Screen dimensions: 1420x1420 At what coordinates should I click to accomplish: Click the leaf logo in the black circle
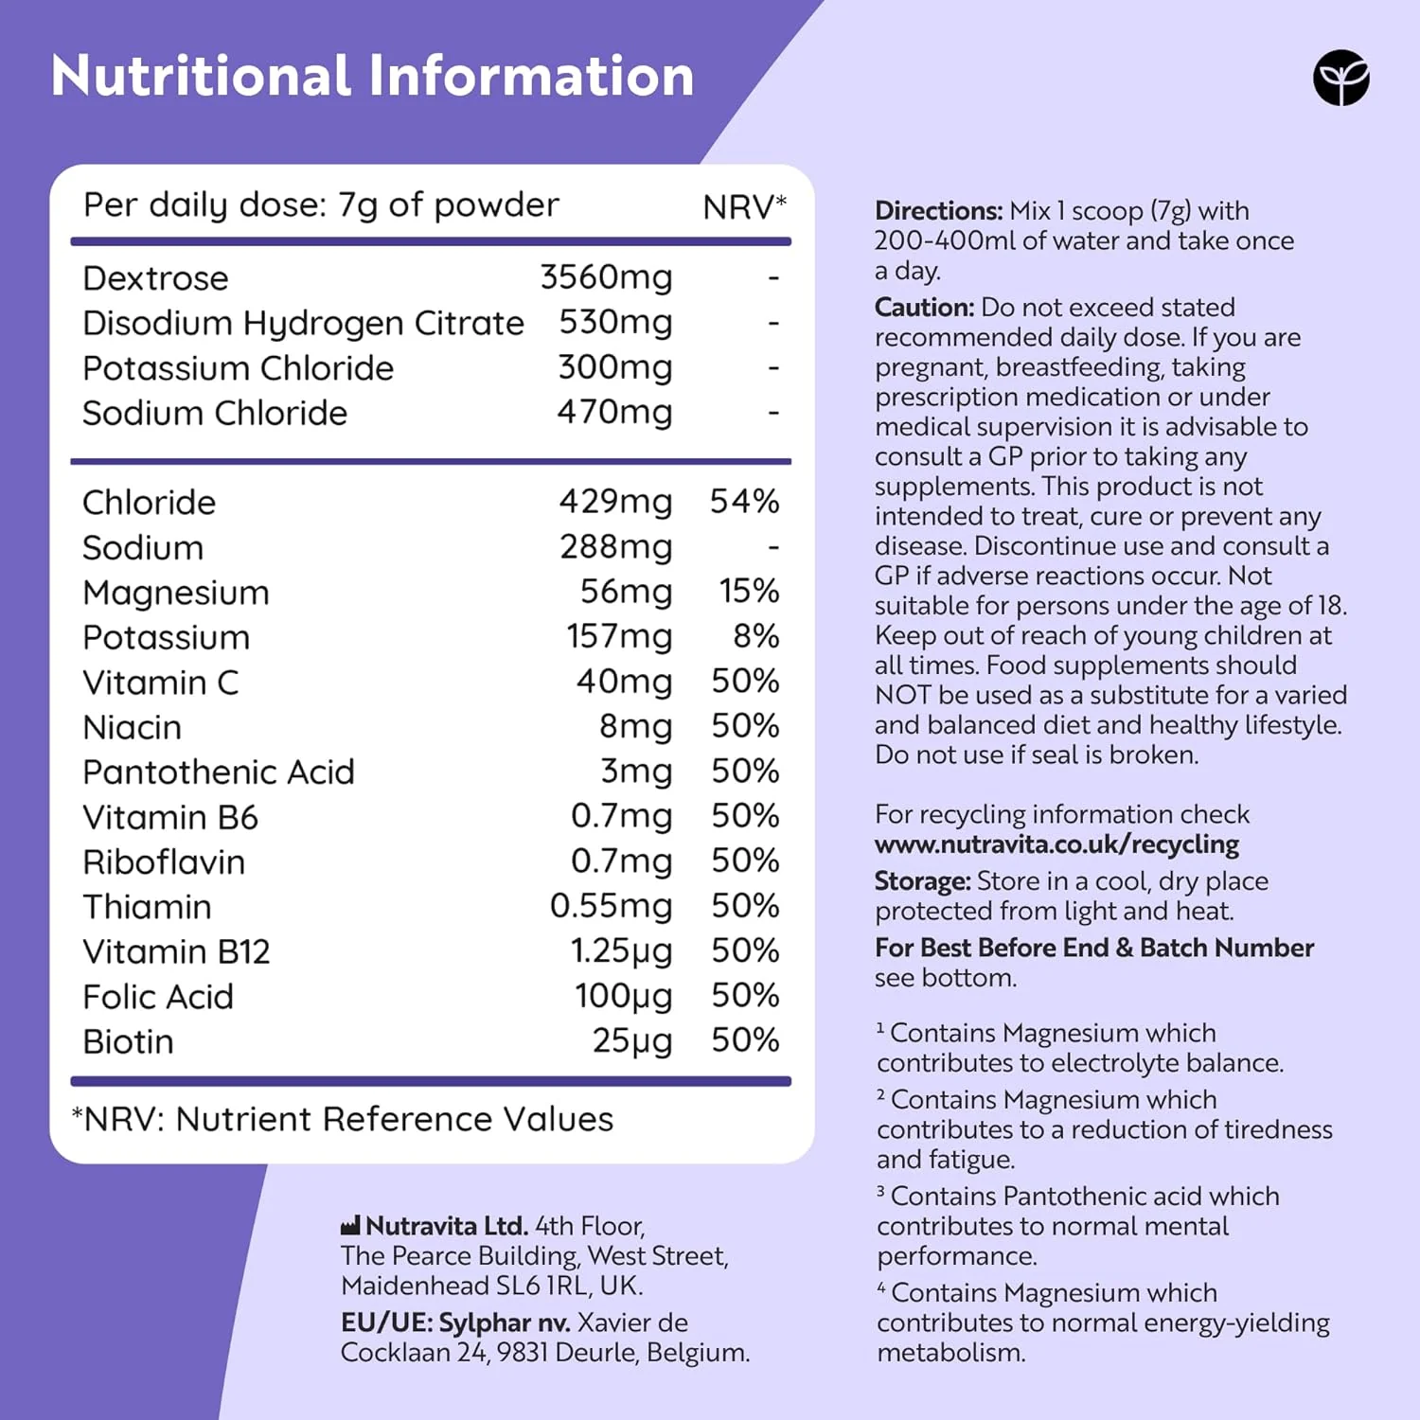pos(1340,78)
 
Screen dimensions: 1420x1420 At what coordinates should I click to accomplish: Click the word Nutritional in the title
pos(201,76)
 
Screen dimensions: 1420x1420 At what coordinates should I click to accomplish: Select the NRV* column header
pos(745,206)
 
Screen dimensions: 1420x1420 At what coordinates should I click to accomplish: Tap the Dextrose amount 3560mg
pos(606,277)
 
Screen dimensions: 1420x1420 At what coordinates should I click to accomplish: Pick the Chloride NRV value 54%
pos(745,501)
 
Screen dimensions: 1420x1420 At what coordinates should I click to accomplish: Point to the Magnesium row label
pos(176,593)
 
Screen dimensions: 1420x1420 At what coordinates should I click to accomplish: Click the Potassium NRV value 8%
pos(756,636)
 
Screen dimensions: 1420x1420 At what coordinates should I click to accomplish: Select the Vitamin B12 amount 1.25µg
pos(621,951)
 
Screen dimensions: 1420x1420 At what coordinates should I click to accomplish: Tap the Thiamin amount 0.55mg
pos(611,906)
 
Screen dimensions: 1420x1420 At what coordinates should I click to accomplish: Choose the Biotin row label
pos(129,1041)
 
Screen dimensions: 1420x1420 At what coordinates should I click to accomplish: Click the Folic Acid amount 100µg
pos(623,996)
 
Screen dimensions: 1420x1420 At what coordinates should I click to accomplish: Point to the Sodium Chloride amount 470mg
pos(614,412)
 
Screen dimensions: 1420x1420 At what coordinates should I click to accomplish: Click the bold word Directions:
pos(938,210)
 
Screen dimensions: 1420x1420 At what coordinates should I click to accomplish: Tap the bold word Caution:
pos(924,307)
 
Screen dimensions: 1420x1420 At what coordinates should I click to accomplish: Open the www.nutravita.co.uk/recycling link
pos(1056,844)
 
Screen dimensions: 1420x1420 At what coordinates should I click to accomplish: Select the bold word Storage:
pos(923,881)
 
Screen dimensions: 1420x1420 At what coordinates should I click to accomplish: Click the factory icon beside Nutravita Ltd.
pos(350,1226)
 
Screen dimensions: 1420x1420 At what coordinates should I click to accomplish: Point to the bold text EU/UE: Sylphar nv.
pos(455,1322)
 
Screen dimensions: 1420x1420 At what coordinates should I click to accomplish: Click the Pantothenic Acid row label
pos(219,772)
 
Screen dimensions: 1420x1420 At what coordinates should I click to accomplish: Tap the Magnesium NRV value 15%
pos(749,591)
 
